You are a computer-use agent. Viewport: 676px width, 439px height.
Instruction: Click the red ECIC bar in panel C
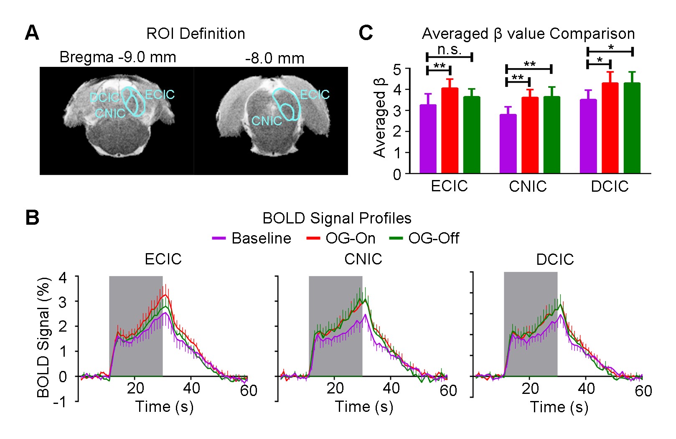pos(450,130)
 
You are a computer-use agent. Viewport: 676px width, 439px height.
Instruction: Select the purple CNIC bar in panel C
pos(508,144)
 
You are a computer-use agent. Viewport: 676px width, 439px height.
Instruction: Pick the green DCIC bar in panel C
pos(632,128)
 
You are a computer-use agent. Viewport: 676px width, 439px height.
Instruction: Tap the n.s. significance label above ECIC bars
pos(450,50)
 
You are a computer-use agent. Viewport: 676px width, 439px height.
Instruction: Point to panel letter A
pos(32,33)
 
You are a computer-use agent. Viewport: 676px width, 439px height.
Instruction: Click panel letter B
pos(32,218)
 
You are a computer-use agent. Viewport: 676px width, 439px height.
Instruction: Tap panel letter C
pos(366,33)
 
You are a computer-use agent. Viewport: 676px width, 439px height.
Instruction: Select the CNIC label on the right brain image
pos(267,121)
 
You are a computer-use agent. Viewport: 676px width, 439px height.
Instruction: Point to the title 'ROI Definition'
pos(196,34)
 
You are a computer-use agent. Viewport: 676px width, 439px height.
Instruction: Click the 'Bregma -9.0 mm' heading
pos(118,57)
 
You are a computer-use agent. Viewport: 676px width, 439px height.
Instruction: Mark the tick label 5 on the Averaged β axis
pos(397,69)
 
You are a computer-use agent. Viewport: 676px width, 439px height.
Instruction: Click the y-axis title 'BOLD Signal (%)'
pos(43,337)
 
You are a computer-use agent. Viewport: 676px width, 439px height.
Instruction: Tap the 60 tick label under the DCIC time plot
pos(643,391)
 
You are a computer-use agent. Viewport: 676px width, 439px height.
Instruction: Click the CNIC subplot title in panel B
pos(363,259)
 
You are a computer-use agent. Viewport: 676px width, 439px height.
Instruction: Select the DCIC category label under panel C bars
pos(610,186)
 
